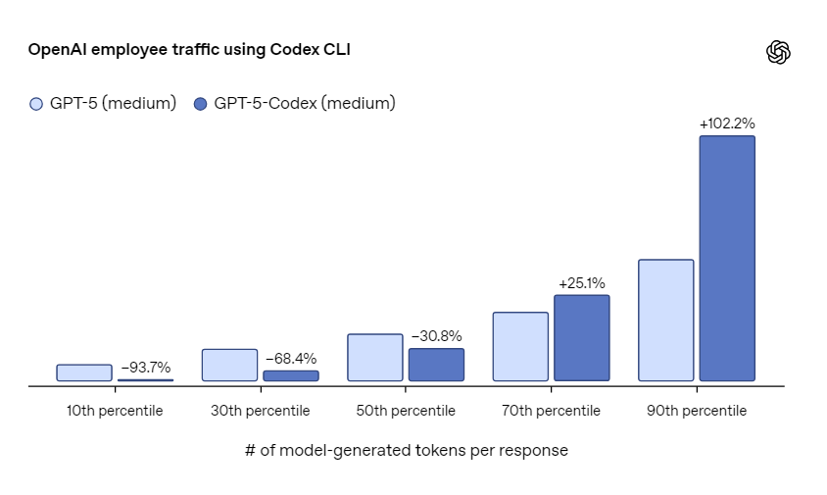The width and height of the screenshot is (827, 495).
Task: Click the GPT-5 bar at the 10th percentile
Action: point(84,372)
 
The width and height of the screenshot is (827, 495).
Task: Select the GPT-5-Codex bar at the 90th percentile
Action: point(727,258)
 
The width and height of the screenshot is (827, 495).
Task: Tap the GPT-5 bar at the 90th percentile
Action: point(666,320)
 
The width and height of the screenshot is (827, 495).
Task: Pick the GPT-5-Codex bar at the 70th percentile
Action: point(582,338)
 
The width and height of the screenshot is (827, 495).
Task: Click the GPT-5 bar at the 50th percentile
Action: point(375,357)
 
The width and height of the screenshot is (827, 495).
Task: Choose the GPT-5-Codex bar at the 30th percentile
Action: point(291,375)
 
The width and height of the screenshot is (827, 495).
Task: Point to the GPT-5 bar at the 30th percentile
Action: point(229,365)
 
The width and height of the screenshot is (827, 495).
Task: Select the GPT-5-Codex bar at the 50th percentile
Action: point(437,365)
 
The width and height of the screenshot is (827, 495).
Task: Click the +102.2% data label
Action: point(727,124)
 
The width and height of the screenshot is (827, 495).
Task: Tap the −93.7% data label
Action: point(146,368)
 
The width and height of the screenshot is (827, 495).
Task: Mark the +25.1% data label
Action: point(582,283)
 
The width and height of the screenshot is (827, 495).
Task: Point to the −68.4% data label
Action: point(291,359)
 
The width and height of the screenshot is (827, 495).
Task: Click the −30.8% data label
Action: point(437,336)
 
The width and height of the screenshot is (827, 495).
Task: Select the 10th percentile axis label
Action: point(115,411)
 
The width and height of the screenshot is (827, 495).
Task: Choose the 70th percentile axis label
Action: point(551,411)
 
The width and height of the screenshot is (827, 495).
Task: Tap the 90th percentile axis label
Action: point(697,411)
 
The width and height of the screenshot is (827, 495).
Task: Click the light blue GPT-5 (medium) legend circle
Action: point(36,104)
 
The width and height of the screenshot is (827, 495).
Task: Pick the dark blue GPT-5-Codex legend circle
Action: point(201,104)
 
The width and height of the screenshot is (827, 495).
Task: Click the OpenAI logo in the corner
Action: point(778,52)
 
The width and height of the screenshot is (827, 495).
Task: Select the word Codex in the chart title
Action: point(294,49)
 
